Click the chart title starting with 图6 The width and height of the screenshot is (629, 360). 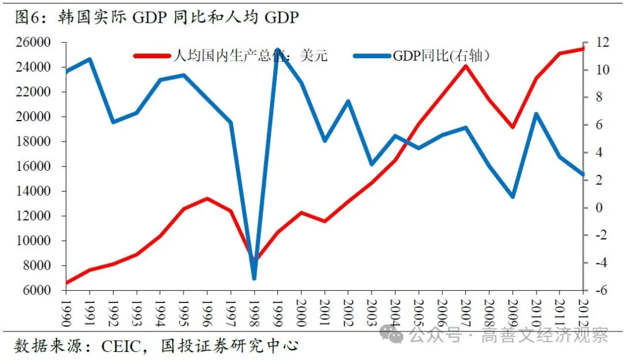pos(157,17)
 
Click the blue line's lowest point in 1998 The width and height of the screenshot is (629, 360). pos(254,278)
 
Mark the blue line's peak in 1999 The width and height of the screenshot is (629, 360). pos(278,50)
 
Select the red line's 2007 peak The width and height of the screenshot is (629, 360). pos(465,66)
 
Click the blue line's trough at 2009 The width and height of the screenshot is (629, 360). pos(513,196)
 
